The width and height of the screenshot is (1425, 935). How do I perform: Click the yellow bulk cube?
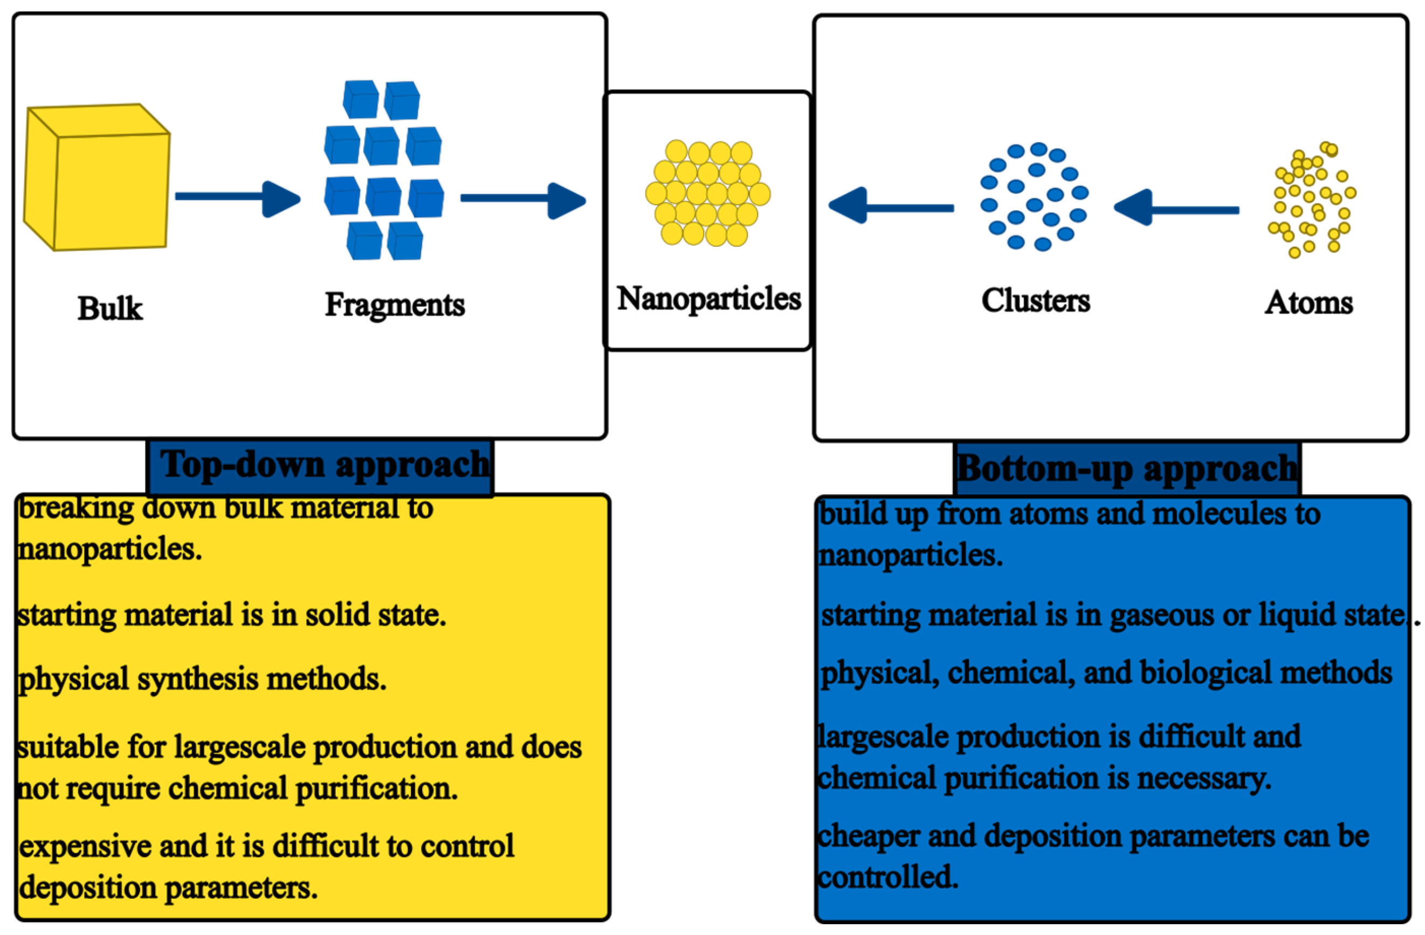pyautogui.click(x=97, y=178)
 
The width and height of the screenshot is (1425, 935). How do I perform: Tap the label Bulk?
pyautogui.click(x=110, y=309)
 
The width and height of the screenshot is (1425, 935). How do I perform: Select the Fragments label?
pyautogui.click(x=395, y=304)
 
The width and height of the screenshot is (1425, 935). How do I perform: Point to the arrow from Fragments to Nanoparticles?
pyautogui.click(x=522, y=200)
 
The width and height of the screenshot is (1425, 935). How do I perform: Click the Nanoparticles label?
pyautogui.click(x=708, y=299)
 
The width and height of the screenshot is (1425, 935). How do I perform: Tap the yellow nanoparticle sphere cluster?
pyautogui.click(x=707, y=193)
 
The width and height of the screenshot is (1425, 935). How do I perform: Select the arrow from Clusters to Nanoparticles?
pyautogui.click(x=890, y=206)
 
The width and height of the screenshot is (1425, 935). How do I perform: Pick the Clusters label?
pyautogui.click(x=1035, y=301)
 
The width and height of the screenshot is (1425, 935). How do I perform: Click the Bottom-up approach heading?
pyautogui.click(x=1127, y=469)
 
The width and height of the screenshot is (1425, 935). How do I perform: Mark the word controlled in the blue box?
pyautogui.click(x=887, y=877)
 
